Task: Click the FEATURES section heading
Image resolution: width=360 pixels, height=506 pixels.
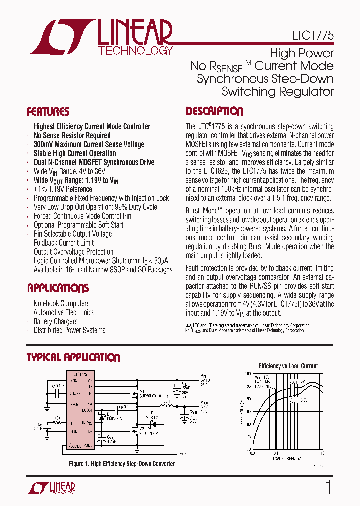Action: coord(48,112)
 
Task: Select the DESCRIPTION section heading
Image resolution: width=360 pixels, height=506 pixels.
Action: coord(215,111)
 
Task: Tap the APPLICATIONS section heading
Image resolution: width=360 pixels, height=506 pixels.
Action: coord(58,288)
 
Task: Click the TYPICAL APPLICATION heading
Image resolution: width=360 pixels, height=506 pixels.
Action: coord(73,357)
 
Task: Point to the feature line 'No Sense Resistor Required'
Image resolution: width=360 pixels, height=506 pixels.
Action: coord(72,135)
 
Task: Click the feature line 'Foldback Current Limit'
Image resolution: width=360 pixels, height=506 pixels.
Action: coord(64,243)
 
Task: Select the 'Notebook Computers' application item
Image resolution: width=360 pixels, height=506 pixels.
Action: coord(61,303)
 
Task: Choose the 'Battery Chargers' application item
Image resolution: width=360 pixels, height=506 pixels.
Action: coord(55,321)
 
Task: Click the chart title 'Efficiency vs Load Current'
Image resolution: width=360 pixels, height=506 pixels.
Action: coord(288,366)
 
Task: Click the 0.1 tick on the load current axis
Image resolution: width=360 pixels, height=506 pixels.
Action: coord(252,453)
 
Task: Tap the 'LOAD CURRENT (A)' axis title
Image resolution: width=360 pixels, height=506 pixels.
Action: coord(288,458)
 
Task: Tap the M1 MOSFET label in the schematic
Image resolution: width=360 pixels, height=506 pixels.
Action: coord(141,391)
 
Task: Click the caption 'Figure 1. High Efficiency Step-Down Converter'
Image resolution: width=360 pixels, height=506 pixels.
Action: coord(122,464)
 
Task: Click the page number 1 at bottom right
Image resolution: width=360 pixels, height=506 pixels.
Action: coord(328,487)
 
